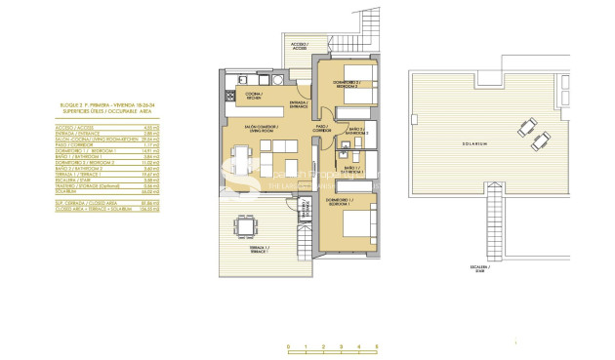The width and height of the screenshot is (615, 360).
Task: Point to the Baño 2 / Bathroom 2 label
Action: point(356,131)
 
